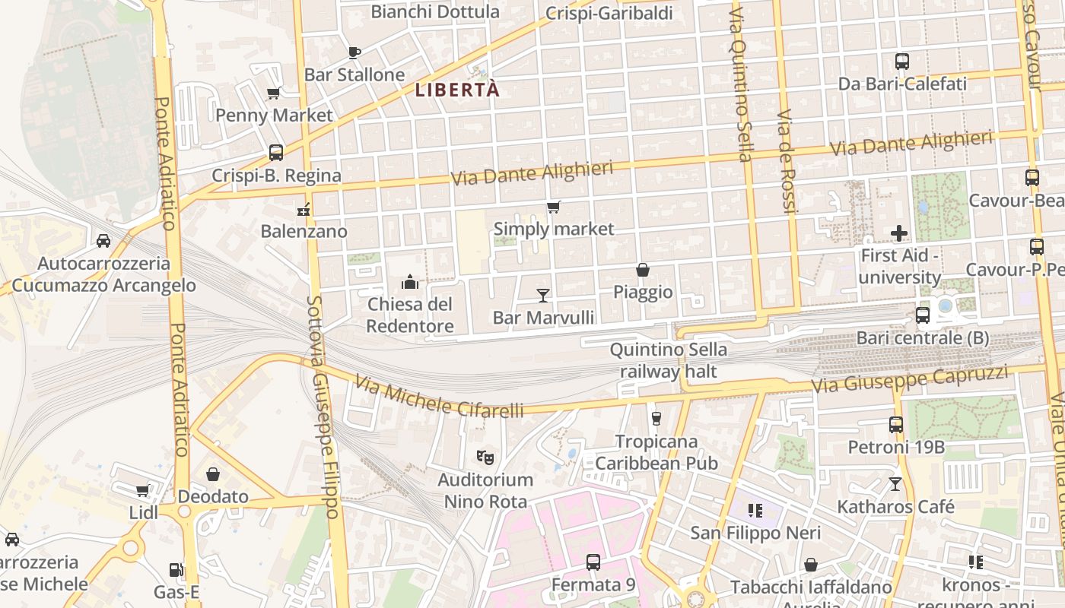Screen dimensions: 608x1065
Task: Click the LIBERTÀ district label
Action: pos(457,90)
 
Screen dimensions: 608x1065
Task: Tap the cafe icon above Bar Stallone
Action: pos(354,52)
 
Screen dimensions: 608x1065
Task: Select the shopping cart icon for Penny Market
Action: pos(274,93)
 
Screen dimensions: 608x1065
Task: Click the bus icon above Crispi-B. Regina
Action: pos(276,153)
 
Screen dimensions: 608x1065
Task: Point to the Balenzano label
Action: pos(304,231)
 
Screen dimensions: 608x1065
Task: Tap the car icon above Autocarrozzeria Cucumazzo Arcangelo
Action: pos(103,241)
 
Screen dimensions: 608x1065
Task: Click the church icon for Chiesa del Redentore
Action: pos(410,283)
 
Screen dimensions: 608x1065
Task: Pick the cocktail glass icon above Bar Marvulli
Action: pos(543,296)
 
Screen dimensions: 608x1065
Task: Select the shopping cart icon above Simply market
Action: pos(554,207)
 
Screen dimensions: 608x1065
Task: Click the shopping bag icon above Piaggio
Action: pos(643,270)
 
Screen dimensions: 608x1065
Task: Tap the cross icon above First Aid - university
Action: pos(899,233)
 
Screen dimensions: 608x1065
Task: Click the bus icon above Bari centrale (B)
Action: pos(923,315)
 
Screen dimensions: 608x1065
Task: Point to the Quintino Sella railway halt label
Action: pos(669,360)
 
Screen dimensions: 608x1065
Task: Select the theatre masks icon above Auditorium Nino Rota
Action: pos(485,458)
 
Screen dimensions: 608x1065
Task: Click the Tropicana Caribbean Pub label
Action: pos(656,452)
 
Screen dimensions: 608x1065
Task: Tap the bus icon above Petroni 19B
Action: pos(896,425)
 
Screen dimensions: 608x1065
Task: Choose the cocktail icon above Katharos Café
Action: pos(895,484)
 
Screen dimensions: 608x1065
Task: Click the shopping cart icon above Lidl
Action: pos(142,491)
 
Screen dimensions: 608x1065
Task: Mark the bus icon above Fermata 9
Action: pos(593,562)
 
